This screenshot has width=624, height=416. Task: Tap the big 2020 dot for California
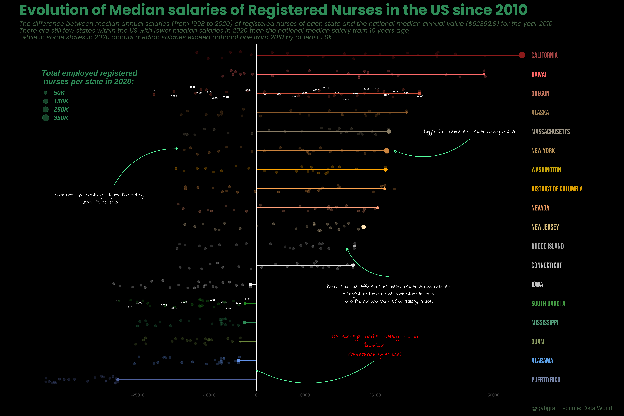point(522,55)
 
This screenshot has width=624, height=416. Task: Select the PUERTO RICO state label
point(546,380)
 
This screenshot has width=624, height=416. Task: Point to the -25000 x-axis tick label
point(138,395)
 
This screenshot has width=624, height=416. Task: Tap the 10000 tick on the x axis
point(304,395)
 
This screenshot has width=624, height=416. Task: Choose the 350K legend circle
point(46,118)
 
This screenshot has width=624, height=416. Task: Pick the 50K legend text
point(59,93)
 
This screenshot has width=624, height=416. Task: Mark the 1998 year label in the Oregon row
point(154,90)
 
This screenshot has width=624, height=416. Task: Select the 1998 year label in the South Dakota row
point(119,301)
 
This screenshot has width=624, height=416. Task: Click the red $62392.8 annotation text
point(374,345)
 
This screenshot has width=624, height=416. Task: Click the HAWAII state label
point(539,74)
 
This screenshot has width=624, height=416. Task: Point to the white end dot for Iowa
point(250,284)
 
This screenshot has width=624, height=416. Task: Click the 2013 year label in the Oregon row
point(346,99)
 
